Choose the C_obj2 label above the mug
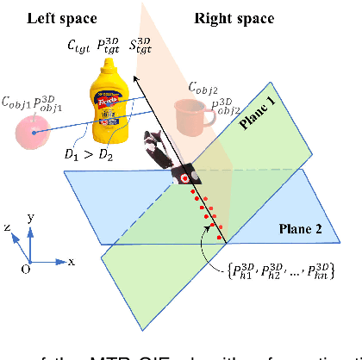(203, 87)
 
